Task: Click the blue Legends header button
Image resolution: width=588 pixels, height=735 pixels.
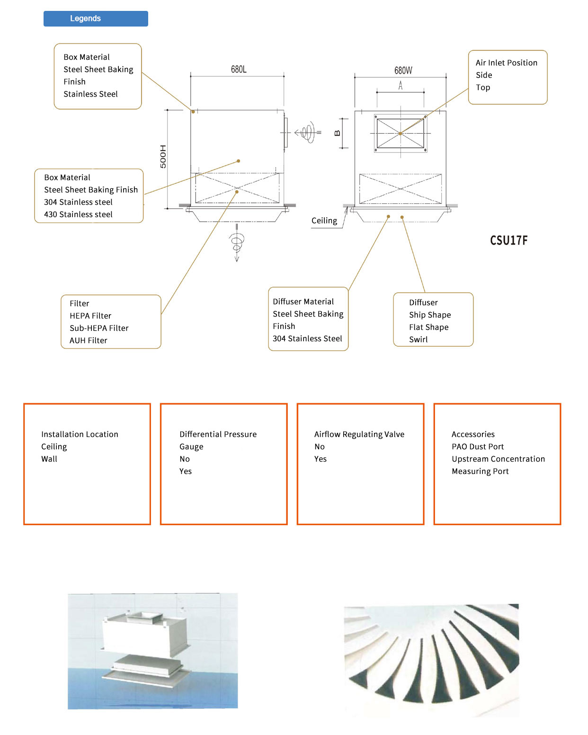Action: [96, 18]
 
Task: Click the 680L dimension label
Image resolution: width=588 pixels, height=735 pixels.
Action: [239, 69]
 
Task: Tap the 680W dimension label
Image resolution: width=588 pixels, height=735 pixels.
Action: [403, 71]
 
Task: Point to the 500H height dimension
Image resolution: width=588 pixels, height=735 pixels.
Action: [163, 156]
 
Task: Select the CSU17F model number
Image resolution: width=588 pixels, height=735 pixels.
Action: [508, 240]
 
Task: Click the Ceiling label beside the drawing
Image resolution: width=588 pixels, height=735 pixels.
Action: [324, 221]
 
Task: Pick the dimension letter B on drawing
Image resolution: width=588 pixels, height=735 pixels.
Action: [338, 133]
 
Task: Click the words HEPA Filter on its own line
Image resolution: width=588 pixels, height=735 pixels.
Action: [90, 316]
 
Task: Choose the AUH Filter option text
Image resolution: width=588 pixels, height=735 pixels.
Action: [89, 341]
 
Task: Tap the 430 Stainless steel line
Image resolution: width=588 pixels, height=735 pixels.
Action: [78, 215]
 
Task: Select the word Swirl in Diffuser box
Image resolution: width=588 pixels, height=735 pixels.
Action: [419, 340]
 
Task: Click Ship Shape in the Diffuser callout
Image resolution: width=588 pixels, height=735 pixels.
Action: [430, 315]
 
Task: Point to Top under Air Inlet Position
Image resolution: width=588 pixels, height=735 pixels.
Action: [483, 88]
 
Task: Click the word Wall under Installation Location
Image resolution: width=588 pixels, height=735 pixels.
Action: [49, 459]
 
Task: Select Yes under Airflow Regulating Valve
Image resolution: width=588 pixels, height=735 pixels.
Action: [321, 459]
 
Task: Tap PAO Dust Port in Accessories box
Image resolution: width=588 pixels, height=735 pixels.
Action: [478, 447]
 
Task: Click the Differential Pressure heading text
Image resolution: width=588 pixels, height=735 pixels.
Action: [218, 435]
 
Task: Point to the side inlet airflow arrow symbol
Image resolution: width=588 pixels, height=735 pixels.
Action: [307, 133]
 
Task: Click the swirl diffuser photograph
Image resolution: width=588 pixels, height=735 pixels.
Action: [431, 660]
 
